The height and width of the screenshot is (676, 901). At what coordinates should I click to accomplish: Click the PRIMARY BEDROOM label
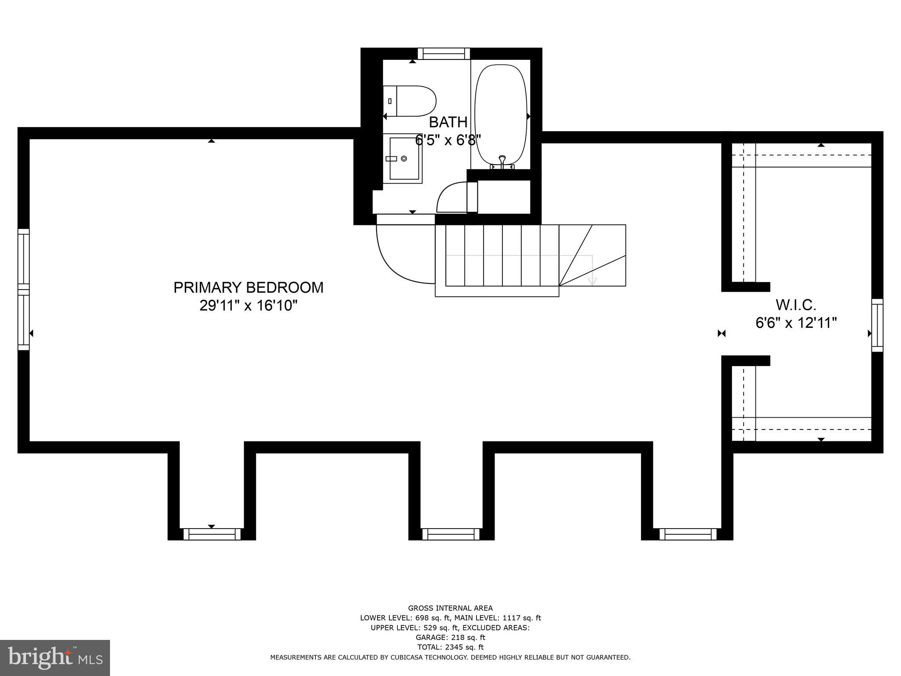coord(248,287)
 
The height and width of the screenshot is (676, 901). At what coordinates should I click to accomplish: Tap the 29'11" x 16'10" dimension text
coord(249,305)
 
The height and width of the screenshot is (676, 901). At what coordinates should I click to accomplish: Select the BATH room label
coord(448,122)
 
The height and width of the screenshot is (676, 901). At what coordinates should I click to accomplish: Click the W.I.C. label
coord(796,305)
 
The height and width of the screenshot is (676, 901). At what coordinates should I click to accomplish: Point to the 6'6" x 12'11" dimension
coord(796,323)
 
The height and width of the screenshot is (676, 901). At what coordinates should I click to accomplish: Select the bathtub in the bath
coord(501,114)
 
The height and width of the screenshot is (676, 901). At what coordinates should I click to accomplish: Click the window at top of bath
coord(443,54)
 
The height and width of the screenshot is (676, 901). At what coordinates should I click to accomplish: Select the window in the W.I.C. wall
coord(877,325)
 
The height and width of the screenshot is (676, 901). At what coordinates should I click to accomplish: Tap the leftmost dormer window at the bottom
coord(212,534)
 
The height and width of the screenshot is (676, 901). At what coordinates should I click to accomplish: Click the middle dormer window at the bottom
coord(450,534)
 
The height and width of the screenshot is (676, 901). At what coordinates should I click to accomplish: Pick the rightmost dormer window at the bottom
coord(688,534)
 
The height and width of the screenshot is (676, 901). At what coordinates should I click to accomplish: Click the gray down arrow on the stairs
coord(592,281)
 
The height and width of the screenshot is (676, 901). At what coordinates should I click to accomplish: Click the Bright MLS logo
coord(55,658)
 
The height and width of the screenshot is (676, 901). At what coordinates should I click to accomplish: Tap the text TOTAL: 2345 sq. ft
coord(450,647)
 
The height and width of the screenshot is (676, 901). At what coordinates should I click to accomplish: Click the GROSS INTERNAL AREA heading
coord(450,608)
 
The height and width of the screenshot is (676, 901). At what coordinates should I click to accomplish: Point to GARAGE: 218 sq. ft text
coord(450,637)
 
